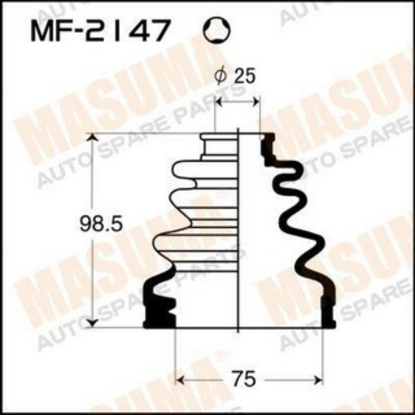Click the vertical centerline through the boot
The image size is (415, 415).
(x=238, y=237)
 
